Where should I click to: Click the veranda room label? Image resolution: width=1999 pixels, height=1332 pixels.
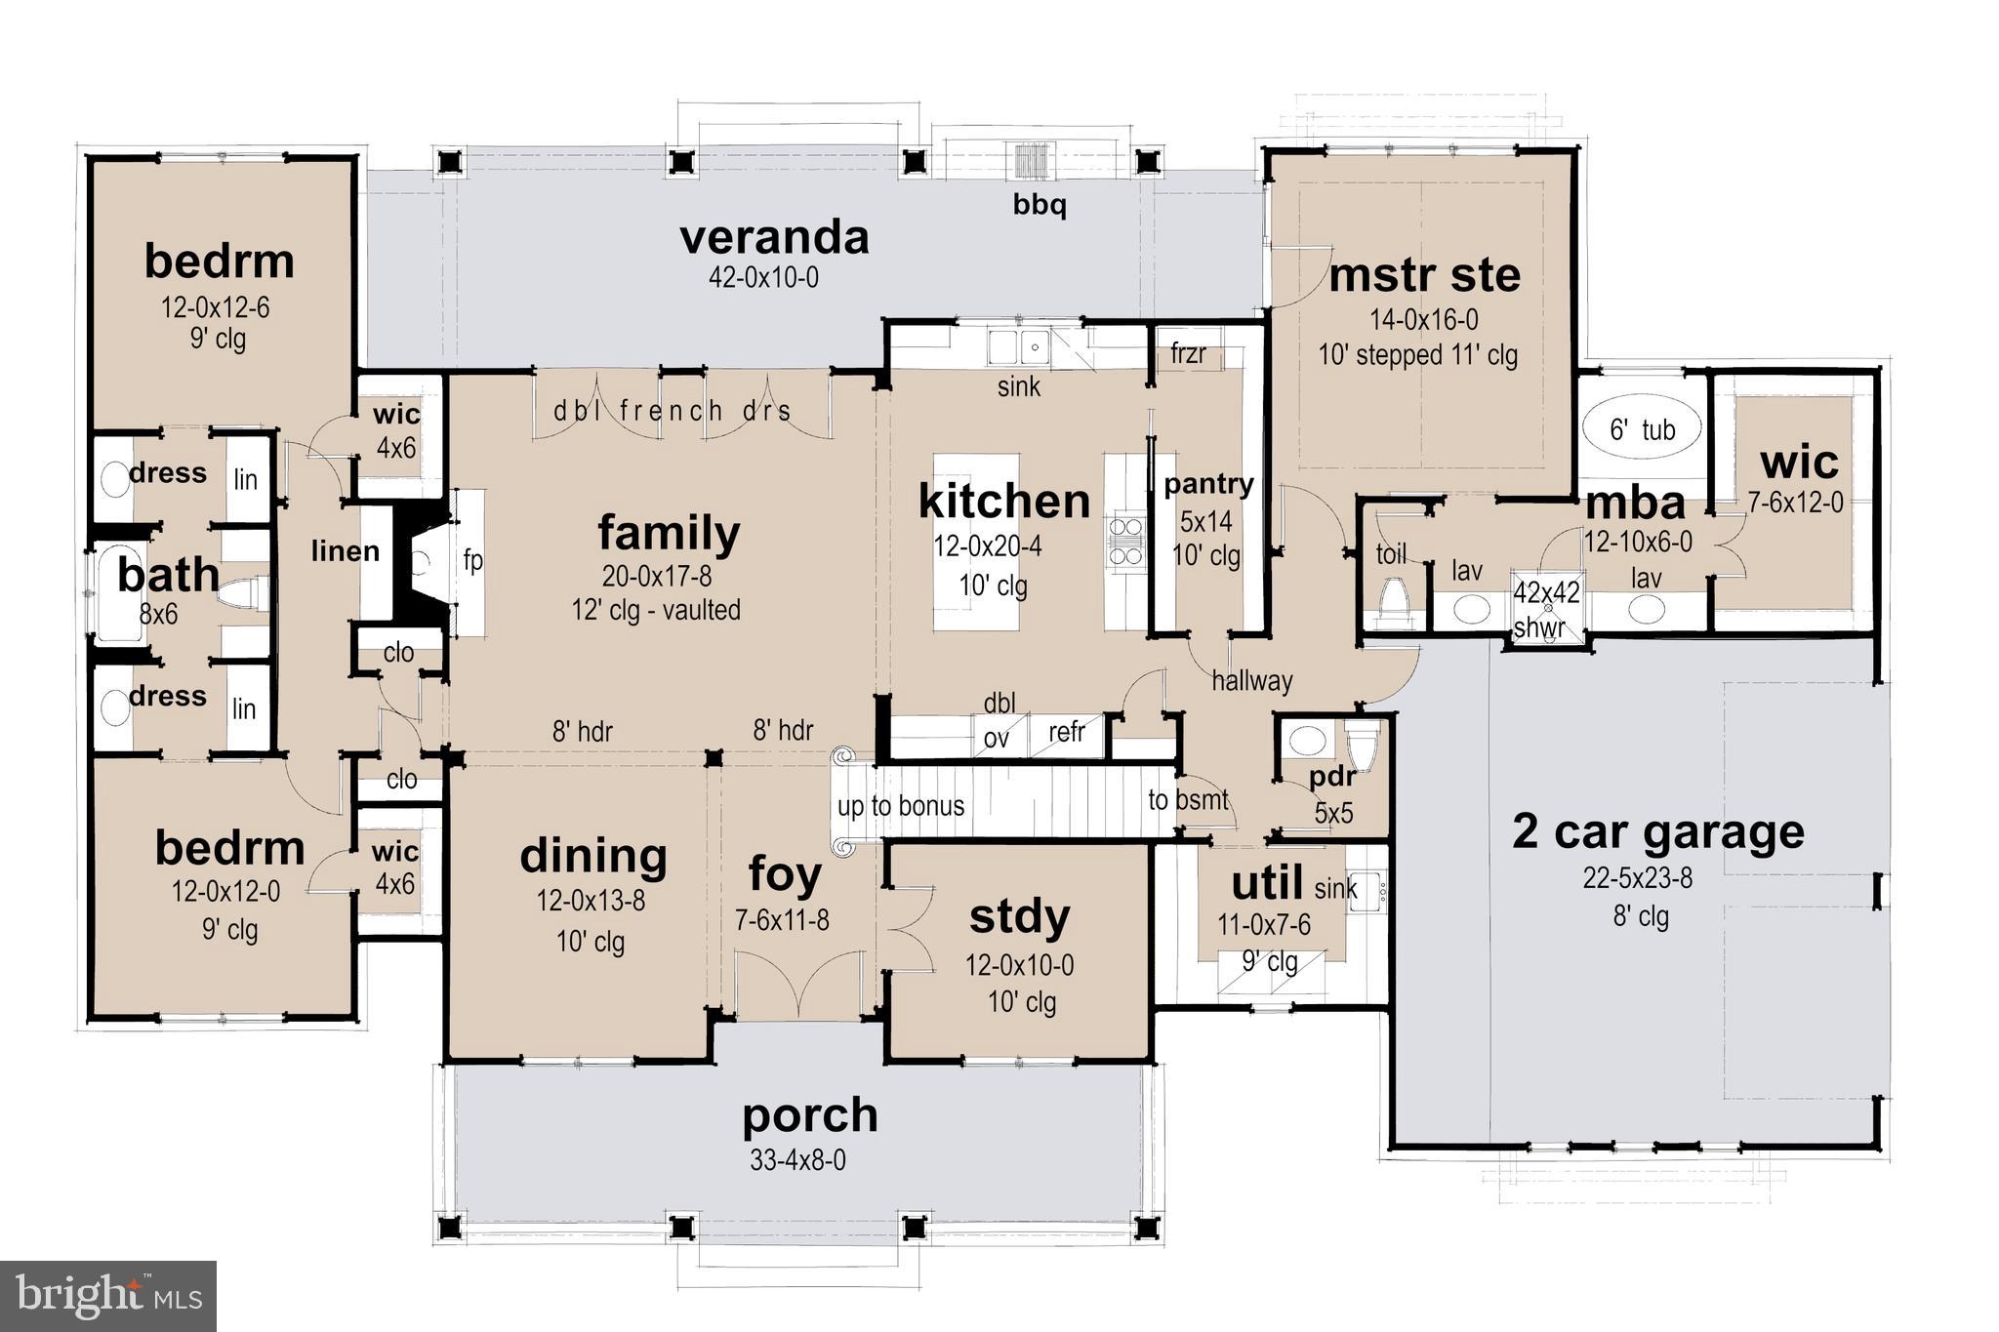coord(774,237)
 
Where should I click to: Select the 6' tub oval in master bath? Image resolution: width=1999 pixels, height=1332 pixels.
coord(1642,427)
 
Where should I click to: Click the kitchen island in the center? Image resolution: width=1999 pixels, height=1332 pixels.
coord(975,542)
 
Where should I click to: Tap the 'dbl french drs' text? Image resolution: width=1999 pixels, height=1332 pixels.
coord(672,411)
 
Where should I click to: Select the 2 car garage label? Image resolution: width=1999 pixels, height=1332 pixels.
coord(1657,831)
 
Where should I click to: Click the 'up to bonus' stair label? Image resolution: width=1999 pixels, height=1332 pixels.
coord(900,805)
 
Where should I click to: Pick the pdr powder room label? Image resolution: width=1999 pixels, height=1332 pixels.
coord(1332,778)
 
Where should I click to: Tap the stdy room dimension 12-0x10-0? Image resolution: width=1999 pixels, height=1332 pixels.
coord(1019,965)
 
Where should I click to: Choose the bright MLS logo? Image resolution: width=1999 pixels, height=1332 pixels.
coord(108,1296)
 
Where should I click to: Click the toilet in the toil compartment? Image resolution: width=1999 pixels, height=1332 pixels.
coord(1393,597)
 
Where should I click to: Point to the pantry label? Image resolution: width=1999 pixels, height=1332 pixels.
coord(1207,483)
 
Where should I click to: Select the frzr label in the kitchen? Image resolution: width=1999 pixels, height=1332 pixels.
coord(1188,353)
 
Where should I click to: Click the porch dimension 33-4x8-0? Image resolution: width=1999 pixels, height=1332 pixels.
coord(797,1160)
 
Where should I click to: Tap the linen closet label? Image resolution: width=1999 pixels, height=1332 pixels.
coord(345,551)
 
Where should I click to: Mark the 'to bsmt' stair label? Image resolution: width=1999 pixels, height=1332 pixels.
coord(1188,800)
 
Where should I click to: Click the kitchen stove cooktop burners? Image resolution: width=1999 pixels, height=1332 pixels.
coord(1124,542)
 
